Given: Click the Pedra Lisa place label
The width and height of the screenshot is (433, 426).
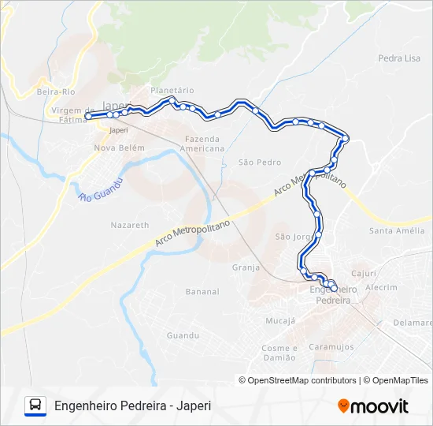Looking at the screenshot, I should click(399, 58).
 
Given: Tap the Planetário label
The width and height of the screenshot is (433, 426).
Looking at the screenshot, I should click(172, 90).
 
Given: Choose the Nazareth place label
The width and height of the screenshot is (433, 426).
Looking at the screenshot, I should click(129, 225).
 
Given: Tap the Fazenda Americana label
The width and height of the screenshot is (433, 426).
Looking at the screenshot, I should click(201, 144).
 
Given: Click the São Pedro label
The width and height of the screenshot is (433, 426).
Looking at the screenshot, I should click(259, 163).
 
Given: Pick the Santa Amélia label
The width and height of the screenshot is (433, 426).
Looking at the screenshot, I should click(398, 230).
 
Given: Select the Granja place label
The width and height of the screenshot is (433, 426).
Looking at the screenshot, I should click(246, 267).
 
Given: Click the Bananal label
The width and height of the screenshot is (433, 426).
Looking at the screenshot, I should click(202, 292).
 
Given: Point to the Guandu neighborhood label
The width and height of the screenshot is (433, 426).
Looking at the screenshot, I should click(183, 335).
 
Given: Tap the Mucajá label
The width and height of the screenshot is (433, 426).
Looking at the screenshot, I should click(280, 321).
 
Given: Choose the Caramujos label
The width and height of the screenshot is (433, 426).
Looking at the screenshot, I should click(330, 346).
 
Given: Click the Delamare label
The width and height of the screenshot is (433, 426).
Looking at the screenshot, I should click(413, 323).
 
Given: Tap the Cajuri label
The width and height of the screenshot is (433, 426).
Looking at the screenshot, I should click(364, 274).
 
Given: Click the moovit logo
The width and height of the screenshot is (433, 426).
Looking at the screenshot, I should click(373, 406).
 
